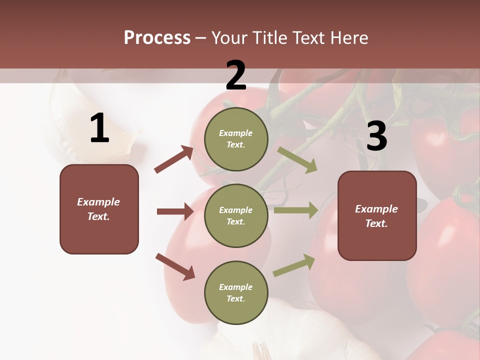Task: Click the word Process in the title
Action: [157, 38]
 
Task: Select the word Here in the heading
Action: [348, 38]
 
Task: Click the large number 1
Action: [99, 128]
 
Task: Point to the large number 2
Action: [236, 75]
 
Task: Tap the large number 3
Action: [376, 136]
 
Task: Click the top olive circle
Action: [236, 139]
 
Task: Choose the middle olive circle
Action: [236, 215]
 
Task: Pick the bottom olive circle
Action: [236, 292]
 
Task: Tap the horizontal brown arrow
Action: [175, 211]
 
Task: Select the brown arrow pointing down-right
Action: [175, 266]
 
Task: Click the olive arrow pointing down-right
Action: [297, 160]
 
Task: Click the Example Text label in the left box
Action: [98, 209]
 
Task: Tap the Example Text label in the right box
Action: [376, 216]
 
